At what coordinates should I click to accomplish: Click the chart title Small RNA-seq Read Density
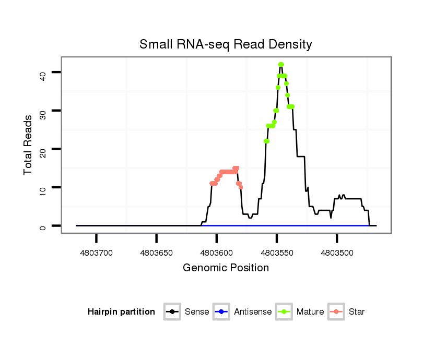226,44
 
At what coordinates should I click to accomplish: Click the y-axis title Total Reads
28,145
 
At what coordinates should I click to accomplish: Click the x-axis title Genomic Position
226,268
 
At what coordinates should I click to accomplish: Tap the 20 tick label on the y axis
43,149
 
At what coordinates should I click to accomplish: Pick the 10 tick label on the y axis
43,187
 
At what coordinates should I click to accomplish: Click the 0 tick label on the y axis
43,226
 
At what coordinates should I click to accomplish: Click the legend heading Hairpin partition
121,312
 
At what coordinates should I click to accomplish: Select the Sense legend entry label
197,312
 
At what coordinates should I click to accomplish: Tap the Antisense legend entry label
253,312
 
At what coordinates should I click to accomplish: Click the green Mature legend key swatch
285,312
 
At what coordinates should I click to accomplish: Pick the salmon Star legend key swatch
337,312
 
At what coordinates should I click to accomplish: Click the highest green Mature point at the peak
281,65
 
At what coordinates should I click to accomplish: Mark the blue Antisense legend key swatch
222,312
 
